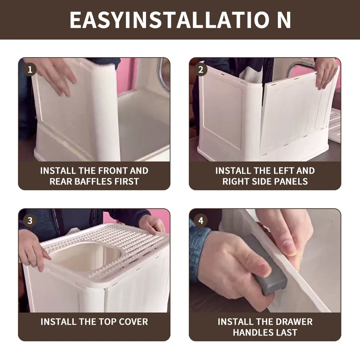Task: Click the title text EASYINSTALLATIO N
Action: coord(180,20)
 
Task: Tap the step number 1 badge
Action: coord(30,69)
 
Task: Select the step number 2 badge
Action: coord(201,69)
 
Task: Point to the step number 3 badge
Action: coord(30,220)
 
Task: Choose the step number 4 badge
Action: coord(201,220)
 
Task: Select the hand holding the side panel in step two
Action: coord(325,72)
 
